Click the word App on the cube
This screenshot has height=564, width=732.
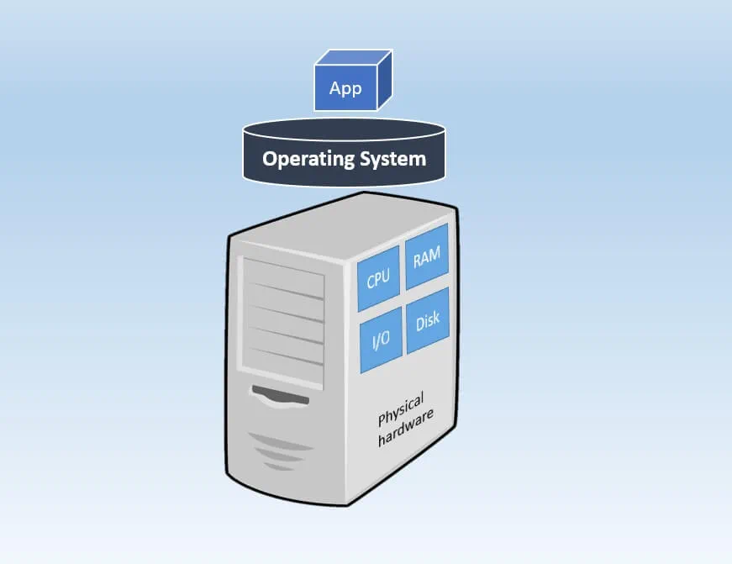(345, 89)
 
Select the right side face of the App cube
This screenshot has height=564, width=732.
(384, 82)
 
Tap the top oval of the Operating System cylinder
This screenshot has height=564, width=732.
(342, 130)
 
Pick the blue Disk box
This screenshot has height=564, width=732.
(427, 322)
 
